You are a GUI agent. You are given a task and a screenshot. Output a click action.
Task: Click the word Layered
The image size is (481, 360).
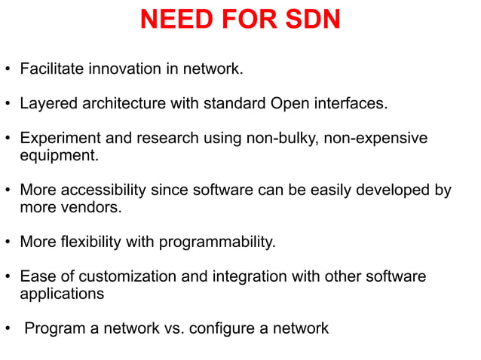click(47, 104)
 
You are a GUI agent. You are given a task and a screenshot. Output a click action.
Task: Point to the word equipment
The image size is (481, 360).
click(58, 156)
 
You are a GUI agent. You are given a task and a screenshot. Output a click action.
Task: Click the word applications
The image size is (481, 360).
click(62, 294)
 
